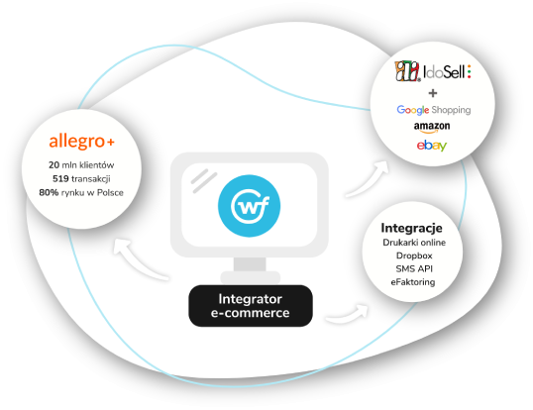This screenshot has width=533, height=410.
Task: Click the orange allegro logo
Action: (81, 141)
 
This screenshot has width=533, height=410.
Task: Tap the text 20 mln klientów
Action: (81, 165)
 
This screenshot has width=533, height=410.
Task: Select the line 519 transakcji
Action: (81, 178)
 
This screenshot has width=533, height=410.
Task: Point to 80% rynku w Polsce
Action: (81, 192)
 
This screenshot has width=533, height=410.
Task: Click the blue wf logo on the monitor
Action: (250, 206)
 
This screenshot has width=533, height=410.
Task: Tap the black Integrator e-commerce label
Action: (251, 306)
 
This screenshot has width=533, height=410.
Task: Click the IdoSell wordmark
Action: (448, 71)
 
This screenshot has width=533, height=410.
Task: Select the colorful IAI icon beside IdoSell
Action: (407, 71)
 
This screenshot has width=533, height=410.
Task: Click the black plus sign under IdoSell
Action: (433, 93)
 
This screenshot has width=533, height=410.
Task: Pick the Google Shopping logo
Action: (434, 110)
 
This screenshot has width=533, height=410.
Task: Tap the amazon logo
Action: (432, 127)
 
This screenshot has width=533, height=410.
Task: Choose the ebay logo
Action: (432, 146)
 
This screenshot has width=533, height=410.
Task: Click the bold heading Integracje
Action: (412, 228)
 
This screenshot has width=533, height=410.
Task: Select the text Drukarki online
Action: (414, 243)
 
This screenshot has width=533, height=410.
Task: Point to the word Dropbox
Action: (414, 256)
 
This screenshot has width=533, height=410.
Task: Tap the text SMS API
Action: (414, 269)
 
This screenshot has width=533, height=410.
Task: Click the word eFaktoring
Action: (413, 282)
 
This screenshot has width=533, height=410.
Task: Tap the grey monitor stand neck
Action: (250, 264)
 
